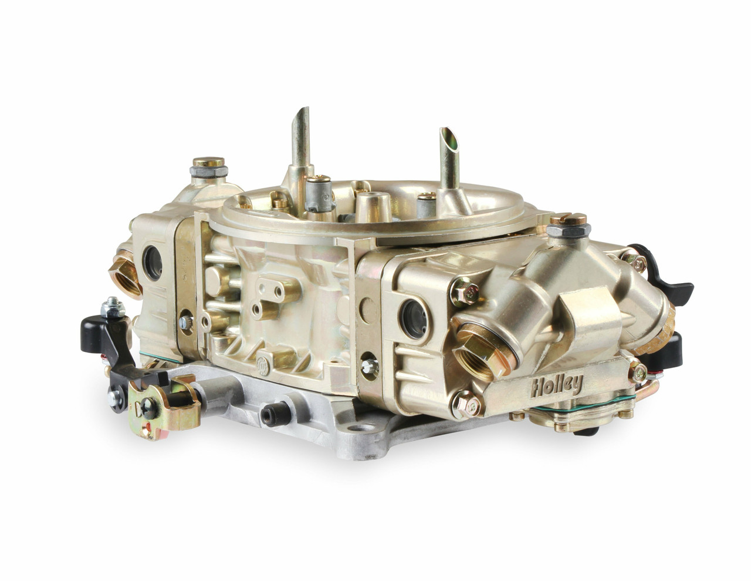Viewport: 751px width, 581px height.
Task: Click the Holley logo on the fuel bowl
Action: (x=557, y=385)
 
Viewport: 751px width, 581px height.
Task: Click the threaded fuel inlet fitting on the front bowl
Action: (x=483, y=352)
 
